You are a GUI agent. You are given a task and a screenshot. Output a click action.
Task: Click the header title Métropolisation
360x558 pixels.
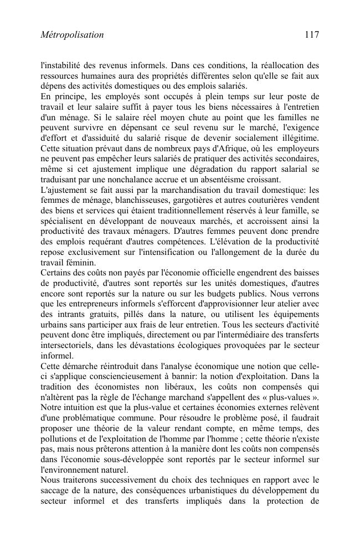point(73,35)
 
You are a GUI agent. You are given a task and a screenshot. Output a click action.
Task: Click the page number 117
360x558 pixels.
point(311,35)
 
